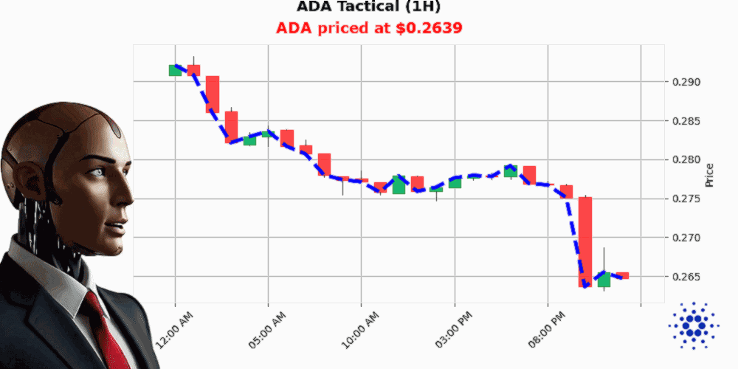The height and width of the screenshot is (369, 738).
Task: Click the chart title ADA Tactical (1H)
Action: (x=369, y=7)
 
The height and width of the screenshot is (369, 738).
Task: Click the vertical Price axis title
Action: (x=709, y=175)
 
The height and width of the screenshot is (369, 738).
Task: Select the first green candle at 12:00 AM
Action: (x=175, y=70)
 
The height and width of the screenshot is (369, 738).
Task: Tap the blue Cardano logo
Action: (x=693, y=325)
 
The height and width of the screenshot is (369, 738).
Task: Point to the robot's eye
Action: (x=97, y=172)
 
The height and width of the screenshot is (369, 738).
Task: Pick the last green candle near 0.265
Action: (x=604, y=280)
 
